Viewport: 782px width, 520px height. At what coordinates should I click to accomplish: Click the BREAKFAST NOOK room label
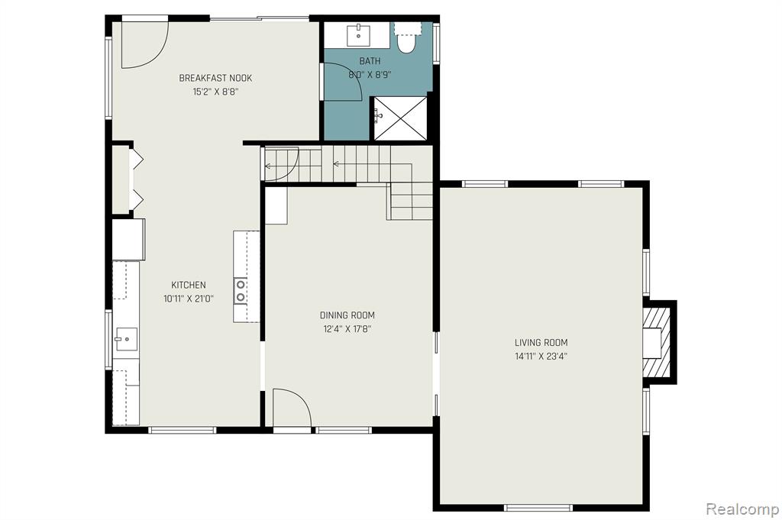tap(215, 78)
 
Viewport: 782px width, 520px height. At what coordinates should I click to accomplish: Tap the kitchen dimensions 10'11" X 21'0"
tap(189, 299)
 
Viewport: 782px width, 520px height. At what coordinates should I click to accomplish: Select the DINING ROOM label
tap(347, 315)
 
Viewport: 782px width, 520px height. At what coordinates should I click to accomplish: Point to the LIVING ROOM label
tap(541, 343)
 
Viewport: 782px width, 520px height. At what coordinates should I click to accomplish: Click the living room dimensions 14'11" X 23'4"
tap(541, 357)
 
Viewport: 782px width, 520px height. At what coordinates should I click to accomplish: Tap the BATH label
tap(370, 61)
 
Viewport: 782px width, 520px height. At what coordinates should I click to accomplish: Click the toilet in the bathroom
tap(407, 37)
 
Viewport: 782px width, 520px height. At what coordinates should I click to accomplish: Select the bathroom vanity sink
tap(358, 34)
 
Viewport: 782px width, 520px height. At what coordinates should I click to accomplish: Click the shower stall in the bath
tap(401, 118)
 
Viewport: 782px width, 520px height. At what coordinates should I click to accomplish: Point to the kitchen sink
tap(126, 339)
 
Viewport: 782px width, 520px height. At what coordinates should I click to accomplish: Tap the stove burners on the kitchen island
tap(241, 291)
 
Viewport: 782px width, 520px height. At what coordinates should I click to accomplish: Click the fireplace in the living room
tap(658, 343)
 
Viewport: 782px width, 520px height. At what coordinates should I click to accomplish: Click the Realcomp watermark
tap(742, 509)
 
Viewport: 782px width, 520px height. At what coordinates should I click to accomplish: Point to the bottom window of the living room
tap(538, 508)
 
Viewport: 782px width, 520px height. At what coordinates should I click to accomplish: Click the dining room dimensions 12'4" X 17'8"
tap(347, 329)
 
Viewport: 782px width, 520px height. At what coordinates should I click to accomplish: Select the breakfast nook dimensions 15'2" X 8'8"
tap(215, 92)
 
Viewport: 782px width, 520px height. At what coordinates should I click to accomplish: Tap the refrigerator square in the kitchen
tap(128, 239)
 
